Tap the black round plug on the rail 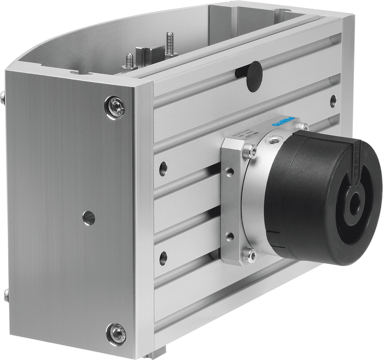[254, 77]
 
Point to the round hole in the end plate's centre [88, 218]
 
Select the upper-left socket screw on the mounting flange [249, 151]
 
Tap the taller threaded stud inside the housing [169, 45]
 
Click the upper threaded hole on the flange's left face [230, 171]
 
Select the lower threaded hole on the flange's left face [230, 237]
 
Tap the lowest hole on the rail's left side [163, 258]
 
